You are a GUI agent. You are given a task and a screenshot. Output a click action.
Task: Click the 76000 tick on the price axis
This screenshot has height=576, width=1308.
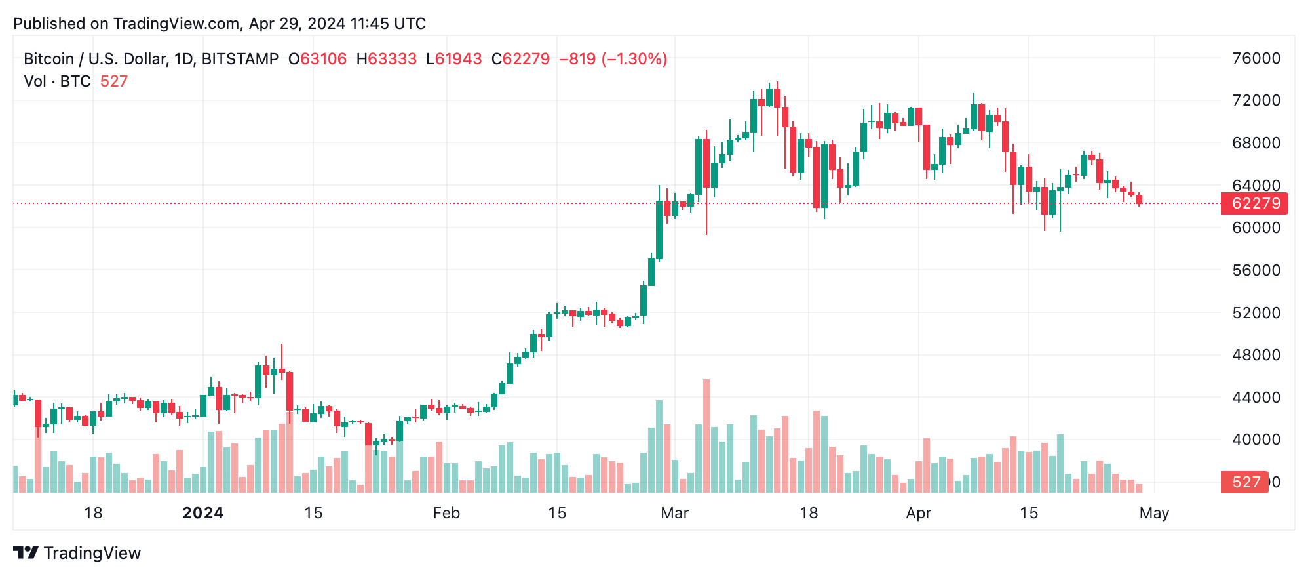1256,58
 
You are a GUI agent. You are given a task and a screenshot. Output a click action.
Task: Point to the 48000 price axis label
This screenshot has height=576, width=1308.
1256,355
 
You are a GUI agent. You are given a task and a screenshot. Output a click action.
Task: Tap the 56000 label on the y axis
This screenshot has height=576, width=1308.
1256,270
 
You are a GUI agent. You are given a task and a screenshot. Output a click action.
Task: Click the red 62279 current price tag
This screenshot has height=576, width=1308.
1255,203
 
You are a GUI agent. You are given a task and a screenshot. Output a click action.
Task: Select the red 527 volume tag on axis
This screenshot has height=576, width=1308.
1244,482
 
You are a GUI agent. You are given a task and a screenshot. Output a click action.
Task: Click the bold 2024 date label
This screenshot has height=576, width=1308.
203,513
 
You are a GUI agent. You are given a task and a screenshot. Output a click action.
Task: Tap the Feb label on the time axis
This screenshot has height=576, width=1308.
446,513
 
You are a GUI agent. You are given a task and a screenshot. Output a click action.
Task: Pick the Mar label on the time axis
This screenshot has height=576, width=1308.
674,513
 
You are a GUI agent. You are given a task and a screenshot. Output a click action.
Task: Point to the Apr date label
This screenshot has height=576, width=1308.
918,513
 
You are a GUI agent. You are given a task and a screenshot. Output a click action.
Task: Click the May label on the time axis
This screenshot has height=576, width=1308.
1153,513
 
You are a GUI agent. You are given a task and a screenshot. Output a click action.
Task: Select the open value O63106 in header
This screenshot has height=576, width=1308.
318,59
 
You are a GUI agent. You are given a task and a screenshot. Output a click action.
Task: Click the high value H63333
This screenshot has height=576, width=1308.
387,59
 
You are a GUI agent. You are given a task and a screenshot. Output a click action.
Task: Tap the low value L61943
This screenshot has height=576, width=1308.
454,59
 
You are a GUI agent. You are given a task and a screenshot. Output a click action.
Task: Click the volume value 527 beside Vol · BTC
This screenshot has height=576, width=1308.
114,81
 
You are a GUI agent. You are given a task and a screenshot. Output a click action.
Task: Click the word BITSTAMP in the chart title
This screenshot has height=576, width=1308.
240,59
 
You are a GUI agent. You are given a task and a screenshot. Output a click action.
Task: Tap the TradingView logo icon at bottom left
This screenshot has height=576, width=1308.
26,552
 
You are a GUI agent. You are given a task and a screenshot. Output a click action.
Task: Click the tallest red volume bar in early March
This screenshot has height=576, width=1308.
706,436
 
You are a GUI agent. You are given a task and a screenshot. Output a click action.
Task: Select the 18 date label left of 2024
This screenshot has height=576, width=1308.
93,513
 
